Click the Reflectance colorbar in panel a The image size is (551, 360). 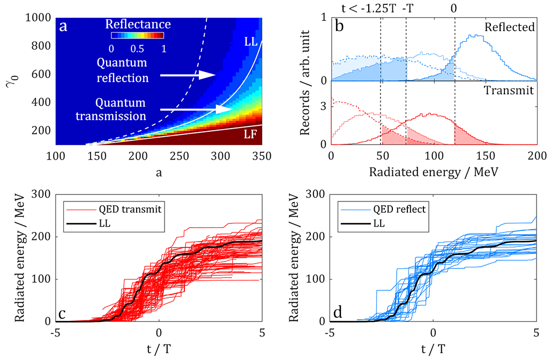click(x=137, y=36)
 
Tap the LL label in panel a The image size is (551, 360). click(x=249, y=41)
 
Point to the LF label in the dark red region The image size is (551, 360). click(x=250, y=135)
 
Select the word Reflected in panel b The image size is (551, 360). click(x=509, y=27)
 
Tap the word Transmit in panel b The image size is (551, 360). click(x=509, y=91)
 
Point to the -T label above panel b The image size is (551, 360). click(x=406, y=8)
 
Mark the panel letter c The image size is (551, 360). click(x=62, y=313)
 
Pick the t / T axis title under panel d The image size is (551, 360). click(x=434, y=349)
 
